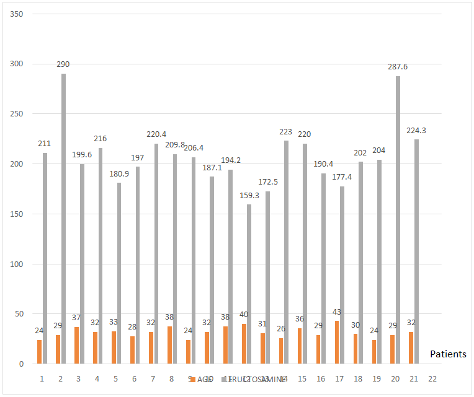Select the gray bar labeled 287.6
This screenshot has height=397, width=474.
click(x=398, y=220)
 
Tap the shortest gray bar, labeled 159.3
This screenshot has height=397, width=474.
click(x=249, y=284)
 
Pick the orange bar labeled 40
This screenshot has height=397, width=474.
click(x=244, y=344)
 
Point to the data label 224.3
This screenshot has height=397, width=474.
click(x=416, y=131)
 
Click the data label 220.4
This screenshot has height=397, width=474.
click(x=156, y=134)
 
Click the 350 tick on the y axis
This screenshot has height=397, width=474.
click(x=17, y=14)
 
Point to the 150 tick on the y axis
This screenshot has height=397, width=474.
click(x=17, y=214)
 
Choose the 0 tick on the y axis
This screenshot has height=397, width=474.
click(x=20, y=364)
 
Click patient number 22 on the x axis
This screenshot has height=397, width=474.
click(x=432, y=378)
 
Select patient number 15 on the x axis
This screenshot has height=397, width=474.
click(x=302, y=378)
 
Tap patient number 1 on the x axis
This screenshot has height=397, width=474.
click(x=42, y=378)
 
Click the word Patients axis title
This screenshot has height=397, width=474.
click(x=448, y=354)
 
